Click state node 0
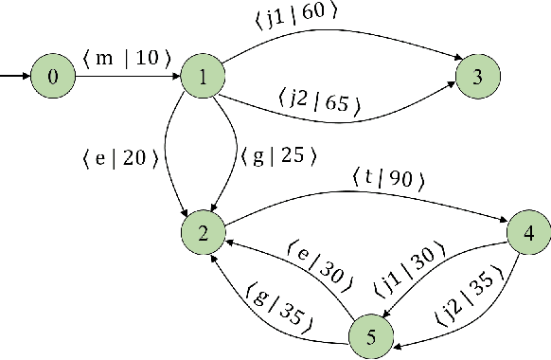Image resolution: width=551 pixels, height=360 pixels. point(54,76)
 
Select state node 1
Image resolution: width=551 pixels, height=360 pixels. point(204,76)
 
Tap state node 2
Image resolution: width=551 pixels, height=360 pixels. point(204,231)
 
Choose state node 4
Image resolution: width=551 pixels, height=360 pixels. point(528,231)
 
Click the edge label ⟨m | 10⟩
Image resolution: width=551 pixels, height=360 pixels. point(127,58)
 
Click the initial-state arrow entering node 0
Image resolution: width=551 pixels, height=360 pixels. point(14,76)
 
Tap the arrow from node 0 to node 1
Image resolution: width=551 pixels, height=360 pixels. point(127,76)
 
